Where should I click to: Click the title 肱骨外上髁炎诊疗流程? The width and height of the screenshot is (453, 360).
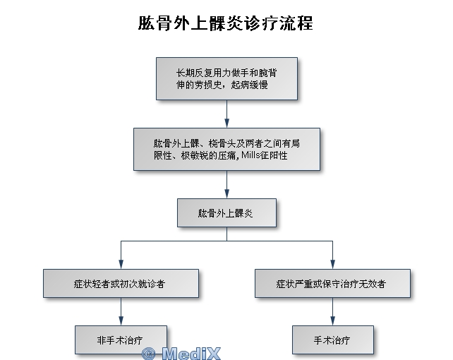click(x=225, y=23)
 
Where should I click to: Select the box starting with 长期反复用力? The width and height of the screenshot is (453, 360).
click(x=226, y=78)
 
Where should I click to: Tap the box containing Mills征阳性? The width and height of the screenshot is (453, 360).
click(x=226, y=149)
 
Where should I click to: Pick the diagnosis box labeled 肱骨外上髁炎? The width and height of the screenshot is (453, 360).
click(x=226, y=212)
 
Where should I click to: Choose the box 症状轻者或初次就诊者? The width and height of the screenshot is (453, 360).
click(x=121, y=283)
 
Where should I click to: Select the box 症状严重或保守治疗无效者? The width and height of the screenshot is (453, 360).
click(x=332, y=283)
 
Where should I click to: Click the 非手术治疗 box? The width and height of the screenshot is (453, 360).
click(x=121, y=340)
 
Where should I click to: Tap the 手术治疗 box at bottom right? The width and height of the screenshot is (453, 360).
click(x=333, y=340)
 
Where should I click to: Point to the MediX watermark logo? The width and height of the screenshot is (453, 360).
click(x=181, y=353)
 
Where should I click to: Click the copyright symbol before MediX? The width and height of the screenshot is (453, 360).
click(x=149, y=354)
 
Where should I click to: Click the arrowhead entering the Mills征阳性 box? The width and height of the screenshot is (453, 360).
click(x=226, y=123)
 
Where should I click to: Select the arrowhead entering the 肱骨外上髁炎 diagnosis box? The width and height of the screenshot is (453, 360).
click(x=226, y=193)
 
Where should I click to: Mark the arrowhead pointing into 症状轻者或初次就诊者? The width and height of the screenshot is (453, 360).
click(x=121, y=265)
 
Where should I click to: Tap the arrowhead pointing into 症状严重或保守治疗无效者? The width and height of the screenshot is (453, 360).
click(x=332, y=265)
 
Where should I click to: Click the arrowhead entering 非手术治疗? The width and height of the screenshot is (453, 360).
click(x=121, y=320)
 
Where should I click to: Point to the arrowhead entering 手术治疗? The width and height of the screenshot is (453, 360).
click(x=332, y=320)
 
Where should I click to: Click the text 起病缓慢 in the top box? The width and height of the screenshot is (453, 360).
click(x=249, y=85)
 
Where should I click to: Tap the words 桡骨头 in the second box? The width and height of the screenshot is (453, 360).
click(x=222, y=143)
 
